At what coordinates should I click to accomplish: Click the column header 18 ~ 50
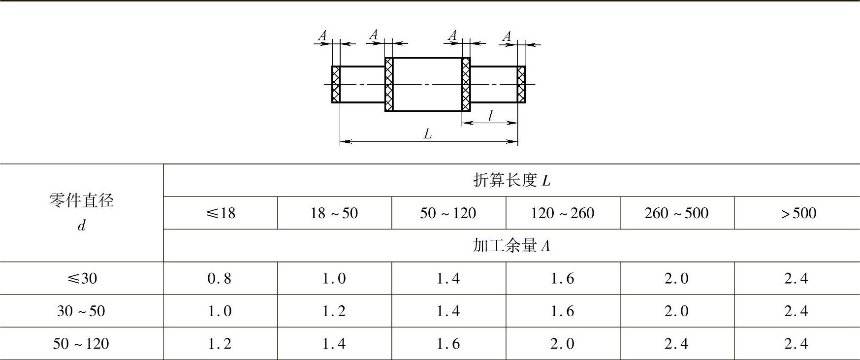click(x=334, y=213)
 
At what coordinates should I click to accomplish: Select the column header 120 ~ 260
click(x=563, y=213)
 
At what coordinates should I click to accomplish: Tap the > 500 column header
click(x=798, y=213)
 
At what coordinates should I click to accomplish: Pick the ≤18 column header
click(x=220, y=213)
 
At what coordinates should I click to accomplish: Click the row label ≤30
click(x=82, y=278)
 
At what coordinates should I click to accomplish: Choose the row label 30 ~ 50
click(x=81, y=311)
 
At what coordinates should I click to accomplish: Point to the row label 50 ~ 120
click(x=81, y=344)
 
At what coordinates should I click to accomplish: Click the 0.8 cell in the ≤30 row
click(x=220, y=278)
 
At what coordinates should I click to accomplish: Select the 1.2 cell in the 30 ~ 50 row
click(x=334, y=311)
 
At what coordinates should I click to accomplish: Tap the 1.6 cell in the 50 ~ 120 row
click(x=448, y=344)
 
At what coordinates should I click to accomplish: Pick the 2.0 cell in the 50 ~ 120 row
click(x=563, y=344)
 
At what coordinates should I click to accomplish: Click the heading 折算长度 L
click(x=511, y=181)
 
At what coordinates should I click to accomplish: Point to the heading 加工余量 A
click(x=511, y=246)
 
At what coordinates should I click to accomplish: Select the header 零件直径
click(x=81, y=201)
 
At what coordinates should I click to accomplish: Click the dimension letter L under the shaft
click(x=428, y=133)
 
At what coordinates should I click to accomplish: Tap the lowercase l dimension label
click(x=490, y=116)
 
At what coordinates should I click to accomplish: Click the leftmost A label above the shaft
click(x=322, y=35)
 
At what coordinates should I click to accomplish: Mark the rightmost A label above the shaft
click(x=507, y=36)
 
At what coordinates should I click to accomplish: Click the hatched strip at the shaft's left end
click(x=336, y=84)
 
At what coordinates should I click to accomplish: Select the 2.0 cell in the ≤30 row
click(x=677, y=278)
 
